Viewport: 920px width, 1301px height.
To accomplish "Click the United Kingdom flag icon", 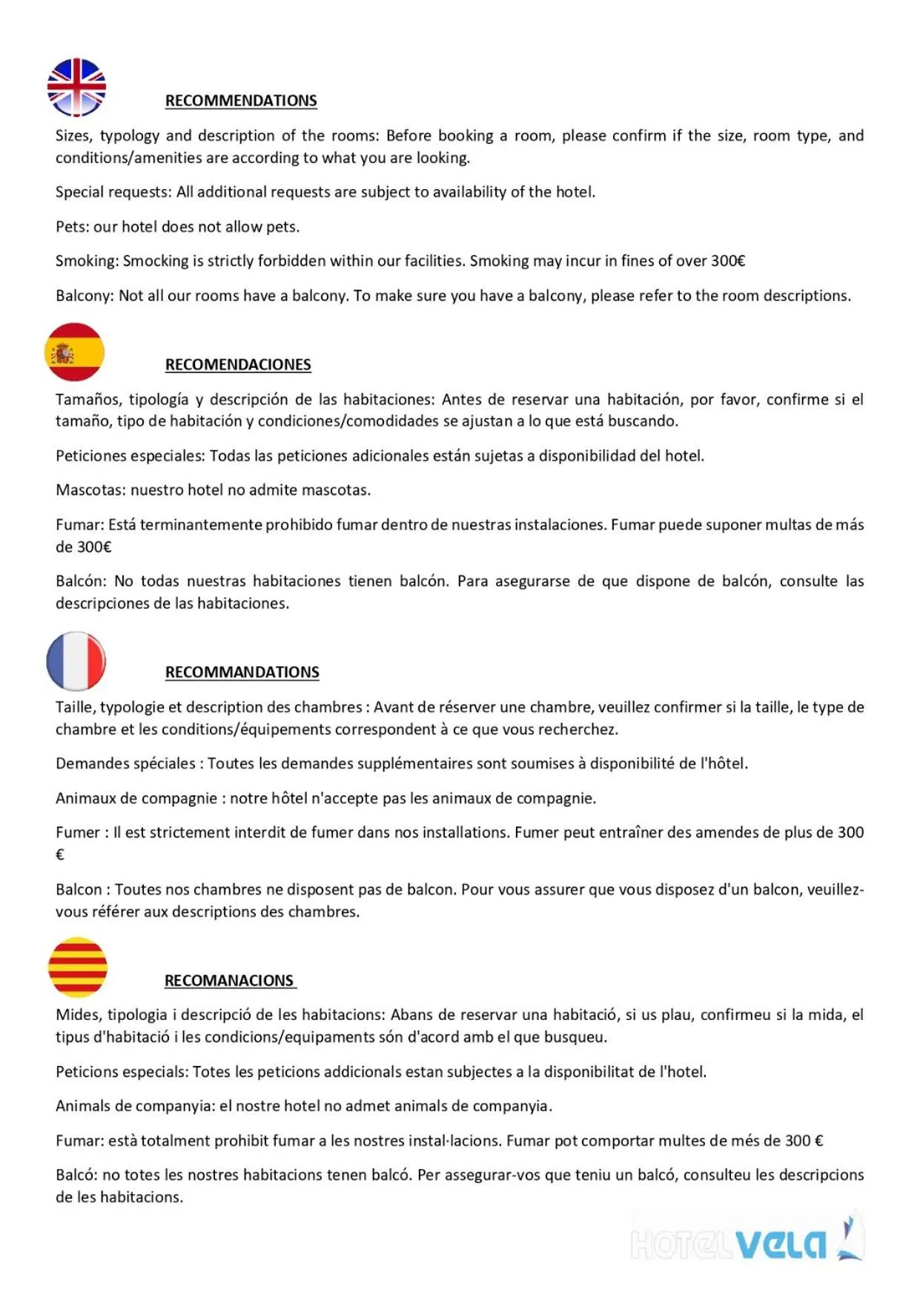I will pyautogui.click(x=76, y=88).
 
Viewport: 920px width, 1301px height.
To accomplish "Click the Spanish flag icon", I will pyautogui.click(x=74, y=352).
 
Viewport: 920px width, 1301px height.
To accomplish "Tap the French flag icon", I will pyautogui.click(x=76, y=661).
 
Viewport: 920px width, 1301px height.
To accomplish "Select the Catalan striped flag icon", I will pyautogui.click(x=77, y=967).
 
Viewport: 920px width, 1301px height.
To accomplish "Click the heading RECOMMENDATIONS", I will pyautogui.click(x=241, y=101).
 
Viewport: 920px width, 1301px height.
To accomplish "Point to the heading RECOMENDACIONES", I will pyautogui.click(x=238, y=365).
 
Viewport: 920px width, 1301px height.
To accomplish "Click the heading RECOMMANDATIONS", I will pyautogui.click(x=242, y=672).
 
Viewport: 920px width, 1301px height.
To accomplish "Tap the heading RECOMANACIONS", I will pyautogui.click(x=229, y=981).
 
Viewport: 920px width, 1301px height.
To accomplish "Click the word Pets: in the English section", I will pyautogui.click(x=72, y=227).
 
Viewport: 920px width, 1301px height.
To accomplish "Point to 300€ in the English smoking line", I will pyautogui.click(x=727, y=261).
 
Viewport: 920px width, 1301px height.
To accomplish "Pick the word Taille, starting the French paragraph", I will pyautogui.click(x=76, y=708).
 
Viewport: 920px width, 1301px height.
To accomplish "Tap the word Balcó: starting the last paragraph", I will pyautogui.click(x=76, y=1175).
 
